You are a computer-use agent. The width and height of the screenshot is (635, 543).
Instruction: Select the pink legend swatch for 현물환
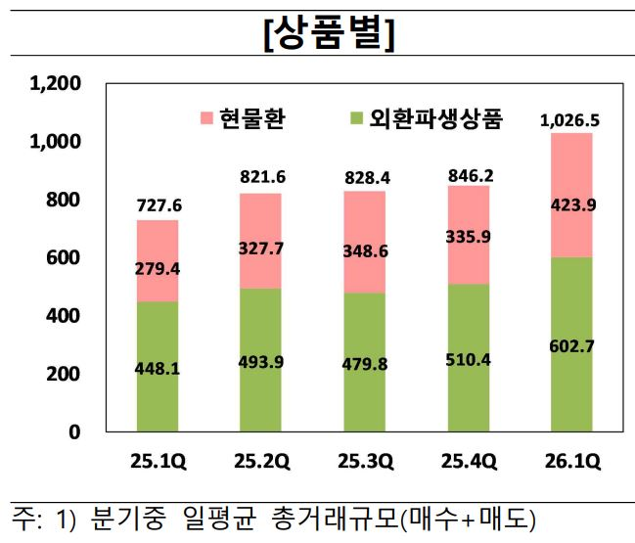[207, 119]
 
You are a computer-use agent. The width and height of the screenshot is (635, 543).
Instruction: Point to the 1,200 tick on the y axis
[57, 84]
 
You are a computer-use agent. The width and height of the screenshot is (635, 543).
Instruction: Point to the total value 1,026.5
[570, 121]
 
